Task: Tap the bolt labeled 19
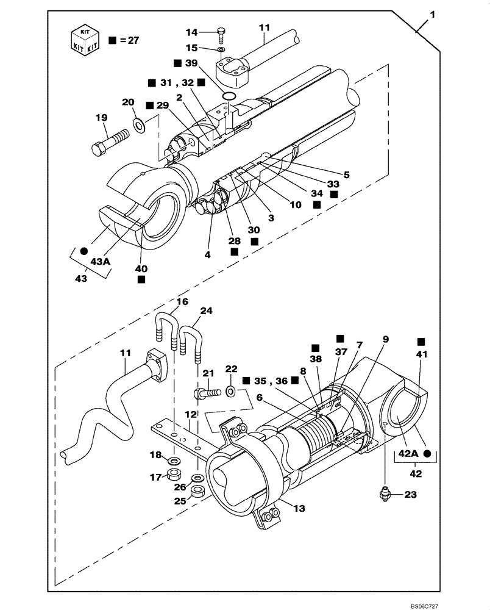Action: tap(110, 142)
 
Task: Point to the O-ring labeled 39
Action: tap(228, 96)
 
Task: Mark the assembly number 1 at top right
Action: tap(431, 14)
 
